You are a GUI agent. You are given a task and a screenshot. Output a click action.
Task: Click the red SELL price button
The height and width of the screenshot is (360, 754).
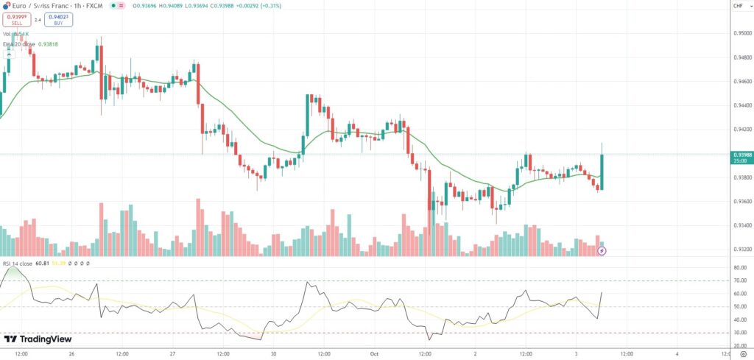click(x=16, y=19)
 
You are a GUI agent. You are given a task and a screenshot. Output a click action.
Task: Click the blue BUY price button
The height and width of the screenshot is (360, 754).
click(x=57, y=19)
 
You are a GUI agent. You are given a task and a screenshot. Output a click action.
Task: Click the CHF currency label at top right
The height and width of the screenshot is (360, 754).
click(x=737, y=6)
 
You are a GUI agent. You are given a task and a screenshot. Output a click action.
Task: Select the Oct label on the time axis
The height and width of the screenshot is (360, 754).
click(x=373, y=353)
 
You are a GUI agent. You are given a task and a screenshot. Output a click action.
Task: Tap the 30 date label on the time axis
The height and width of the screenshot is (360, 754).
click(x=273, y=353)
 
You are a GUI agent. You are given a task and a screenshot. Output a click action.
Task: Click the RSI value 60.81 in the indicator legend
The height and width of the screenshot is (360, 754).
click(x=43, y=263)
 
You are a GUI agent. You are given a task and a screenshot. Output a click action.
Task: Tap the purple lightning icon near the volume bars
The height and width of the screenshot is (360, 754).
click(x=602, y=251)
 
